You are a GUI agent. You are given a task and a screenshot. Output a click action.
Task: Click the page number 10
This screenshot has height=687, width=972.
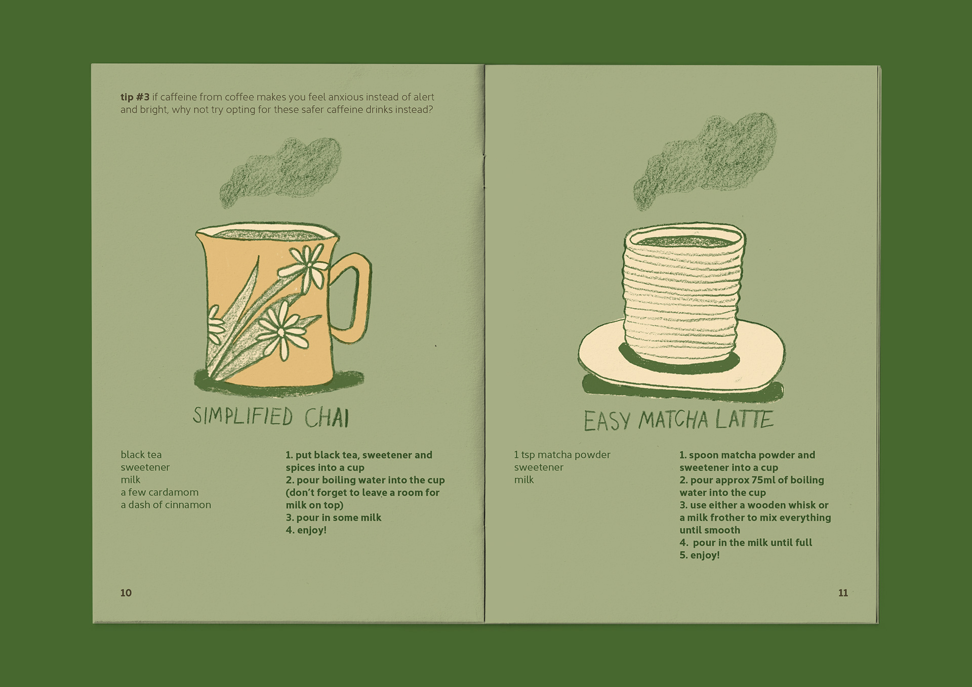click(126, 593)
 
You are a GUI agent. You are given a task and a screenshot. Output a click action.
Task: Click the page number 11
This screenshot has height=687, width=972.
click(843, 593)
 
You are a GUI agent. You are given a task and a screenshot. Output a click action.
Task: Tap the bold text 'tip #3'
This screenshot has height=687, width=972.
click(135, 97)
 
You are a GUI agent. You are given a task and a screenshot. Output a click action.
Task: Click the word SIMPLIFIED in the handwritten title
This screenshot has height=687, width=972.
click(243, 416)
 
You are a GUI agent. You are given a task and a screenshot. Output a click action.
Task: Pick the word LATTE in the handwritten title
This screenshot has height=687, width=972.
click(744, 419)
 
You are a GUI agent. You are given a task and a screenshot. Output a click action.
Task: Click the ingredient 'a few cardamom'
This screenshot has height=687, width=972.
click(159, 492)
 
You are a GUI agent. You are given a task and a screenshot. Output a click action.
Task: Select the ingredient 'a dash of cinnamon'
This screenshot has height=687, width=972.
click(166, 505)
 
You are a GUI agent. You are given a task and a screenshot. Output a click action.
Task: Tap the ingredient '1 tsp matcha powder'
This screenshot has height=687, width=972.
click(562, 455)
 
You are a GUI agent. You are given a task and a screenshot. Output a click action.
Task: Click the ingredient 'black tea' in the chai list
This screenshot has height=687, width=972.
click(141, 455)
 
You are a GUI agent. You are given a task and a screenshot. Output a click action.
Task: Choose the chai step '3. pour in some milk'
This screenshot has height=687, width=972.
click(333, 518)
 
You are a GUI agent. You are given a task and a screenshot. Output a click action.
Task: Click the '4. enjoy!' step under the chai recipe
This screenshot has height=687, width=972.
click(306, 530)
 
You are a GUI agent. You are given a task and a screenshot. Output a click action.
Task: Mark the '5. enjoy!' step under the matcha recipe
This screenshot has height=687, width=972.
click(700, 555)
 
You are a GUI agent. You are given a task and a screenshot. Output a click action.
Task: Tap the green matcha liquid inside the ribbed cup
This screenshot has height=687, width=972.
click(683, 242)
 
